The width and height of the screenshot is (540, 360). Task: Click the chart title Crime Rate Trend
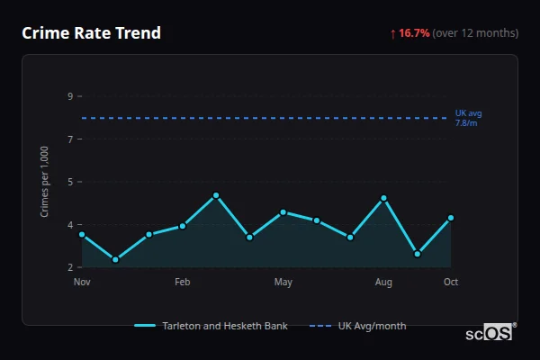click(92, 33)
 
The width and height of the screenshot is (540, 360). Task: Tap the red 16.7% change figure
click(414, 33)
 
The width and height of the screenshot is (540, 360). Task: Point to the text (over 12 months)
click(475, 33)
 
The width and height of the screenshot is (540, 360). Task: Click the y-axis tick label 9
click(70, 96)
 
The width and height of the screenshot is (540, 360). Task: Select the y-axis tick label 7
click(70, 139)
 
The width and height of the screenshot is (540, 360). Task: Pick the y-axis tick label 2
click(70, 267)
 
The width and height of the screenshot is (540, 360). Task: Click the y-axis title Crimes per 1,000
click(45, 181)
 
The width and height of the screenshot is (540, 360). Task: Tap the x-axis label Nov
click(82, 283)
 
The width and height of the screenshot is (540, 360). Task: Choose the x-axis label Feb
click(183, 283)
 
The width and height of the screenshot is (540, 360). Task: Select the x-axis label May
click(283, 283)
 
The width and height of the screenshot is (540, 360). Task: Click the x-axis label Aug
click(383, 283)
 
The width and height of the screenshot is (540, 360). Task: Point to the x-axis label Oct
click(451, 283)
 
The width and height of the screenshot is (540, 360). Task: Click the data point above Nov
click(82, 234)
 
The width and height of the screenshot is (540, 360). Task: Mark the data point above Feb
click(183, 226)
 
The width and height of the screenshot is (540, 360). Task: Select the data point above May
click(283, 212)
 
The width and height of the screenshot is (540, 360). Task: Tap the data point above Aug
click(383, 198)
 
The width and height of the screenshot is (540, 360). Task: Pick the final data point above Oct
click(451, 218)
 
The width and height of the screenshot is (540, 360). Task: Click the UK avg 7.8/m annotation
click(468, 118)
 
